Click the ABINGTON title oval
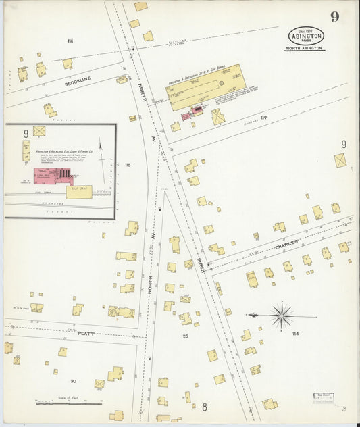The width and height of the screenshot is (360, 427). (x=306, y=36)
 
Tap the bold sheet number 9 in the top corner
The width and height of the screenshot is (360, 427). (x=335, y=17)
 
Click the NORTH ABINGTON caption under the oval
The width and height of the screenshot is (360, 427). (x=305, y=49)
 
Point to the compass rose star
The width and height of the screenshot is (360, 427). (x=282, y=315)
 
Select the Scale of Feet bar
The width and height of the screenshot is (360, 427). (x=68, y=402)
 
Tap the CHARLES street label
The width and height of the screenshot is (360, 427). (x=285, y=248)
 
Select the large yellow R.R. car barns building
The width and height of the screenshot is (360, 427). (x=205, y=87)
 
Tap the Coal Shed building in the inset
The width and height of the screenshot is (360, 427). (x=79, y=192)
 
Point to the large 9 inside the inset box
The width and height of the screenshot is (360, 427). (x=26, y=134)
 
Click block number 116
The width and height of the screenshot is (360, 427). (x=70, y=41)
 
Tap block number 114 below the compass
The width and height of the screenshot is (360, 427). (x=294, y=334)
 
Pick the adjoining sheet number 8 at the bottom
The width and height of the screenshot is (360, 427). (x=204, y=407)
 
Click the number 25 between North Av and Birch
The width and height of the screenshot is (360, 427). (x=185, y=335)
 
